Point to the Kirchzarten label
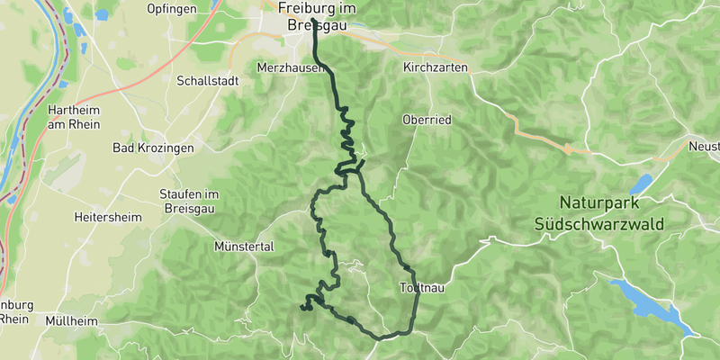coord(436,67)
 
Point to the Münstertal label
coord(243,246)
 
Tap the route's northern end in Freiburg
coord(312,21)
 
